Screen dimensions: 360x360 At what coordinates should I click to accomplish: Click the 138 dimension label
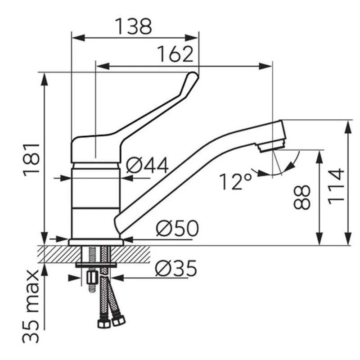click(x=133, y=26)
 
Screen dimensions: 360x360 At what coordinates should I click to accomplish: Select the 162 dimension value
click(x=175, y=54)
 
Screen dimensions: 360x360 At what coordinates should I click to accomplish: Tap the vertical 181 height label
click(x=31, y=160)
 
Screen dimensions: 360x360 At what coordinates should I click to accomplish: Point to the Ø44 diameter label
click(x=148, y=165)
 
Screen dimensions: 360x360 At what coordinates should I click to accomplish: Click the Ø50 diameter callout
click(x=177, y=228)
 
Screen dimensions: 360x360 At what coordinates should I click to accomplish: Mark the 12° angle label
click(x=235, y=181)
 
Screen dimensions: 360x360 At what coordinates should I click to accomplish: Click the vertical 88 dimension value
click(x=302, y=198)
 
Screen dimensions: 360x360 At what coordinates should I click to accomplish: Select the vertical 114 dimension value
click(x=336, y=186)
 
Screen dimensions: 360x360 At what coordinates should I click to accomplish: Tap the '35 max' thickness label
click(x=31, y=306)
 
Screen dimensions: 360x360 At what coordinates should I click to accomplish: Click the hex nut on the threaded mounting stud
click(x=92, y=278)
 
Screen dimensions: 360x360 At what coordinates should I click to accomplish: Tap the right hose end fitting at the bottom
click(x=118, y=320)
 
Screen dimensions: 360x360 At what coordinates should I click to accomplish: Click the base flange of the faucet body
click(x=96, y=242)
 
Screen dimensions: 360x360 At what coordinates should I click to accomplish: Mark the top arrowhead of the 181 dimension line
click(x=45, y=79)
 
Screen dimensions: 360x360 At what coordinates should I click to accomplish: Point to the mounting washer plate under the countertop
click(x=96, y=265)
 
